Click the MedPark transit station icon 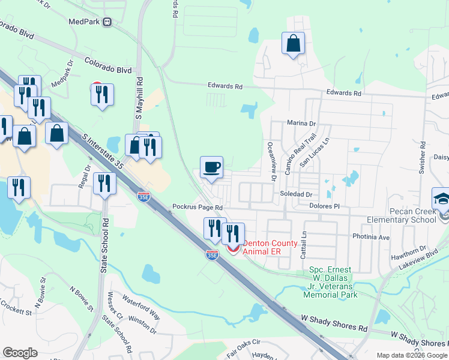(x=107, y=22)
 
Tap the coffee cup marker (x=211, y=167)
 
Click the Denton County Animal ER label (x=270, y=247)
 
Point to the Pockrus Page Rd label (x=197, y=207)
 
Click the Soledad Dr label (x=296, y=194)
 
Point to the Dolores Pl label (x=324, y=206)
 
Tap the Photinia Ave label (x=371, y=237)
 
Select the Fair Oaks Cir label (x=245, y=345)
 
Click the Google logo (x=20, y=353)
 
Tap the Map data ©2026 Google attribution (x=411, y=355)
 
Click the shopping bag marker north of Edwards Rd (x=294, y=43)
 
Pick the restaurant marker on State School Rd (x=105, y=184)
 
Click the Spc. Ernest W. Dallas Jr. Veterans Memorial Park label (x=331, y=282)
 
